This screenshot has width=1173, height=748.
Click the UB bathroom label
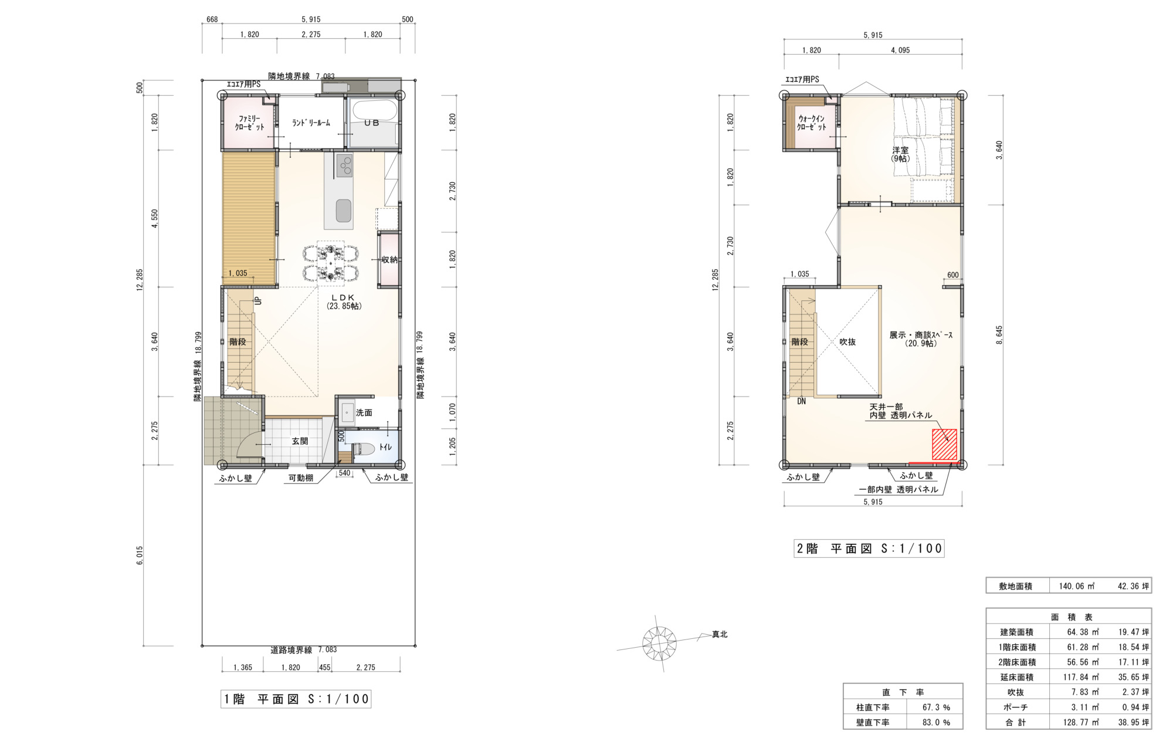point(372,123)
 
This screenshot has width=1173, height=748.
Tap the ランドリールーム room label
point(311,123)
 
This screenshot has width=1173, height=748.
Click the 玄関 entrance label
point(300,441)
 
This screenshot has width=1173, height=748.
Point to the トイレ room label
point(385,447)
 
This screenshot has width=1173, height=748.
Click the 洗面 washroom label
point(364,413)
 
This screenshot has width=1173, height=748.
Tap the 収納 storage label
point(390,260)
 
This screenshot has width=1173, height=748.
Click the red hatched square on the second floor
point(944,445)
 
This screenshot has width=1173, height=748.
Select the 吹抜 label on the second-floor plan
point(847,342)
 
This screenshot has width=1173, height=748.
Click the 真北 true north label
point(720,634)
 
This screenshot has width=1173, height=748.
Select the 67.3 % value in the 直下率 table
point(936,708)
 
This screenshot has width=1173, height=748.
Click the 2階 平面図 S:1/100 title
point(869,549)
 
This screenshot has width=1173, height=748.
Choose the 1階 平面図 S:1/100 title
point(296,699)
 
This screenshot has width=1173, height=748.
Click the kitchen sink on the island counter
point(344,211)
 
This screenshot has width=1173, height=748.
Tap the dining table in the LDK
point(331,260)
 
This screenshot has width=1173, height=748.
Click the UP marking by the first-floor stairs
point(257,300)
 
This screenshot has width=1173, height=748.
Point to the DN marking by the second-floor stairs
point(801,401)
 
